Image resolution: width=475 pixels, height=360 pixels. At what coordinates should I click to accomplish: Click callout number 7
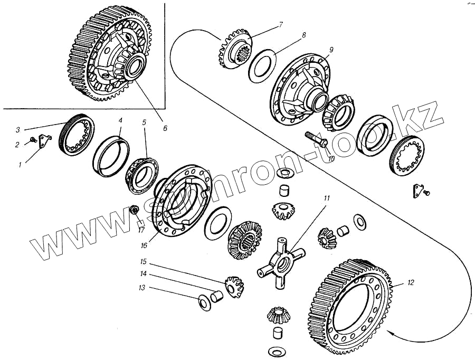pos(281,24)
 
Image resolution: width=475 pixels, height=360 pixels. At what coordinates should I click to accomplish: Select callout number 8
pos(303,36)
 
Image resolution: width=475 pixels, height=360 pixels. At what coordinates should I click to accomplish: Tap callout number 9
pos(331,50)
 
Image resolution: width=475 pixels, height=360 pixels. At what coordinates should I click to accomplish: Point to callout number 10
pos(331,158)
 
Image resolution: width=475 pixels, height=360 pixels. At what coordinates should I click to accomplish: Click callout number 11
pos(327,198)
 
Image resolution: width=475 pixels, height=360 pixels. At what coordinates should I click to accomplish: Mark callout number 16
pos(143,245)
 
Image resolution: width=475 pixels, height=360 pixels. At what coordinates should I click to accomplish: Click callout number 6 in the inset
pos(165,128)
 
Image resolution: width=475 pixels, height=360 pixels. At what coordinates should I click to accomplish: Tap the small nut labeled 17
pos(135,211)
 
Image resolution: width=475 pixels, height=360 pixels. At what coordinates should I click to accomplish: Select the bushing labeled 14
pos(217,296)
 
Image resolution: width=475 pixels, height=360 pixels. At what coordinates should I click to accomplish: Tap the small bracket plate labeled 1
pos(46,143)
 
